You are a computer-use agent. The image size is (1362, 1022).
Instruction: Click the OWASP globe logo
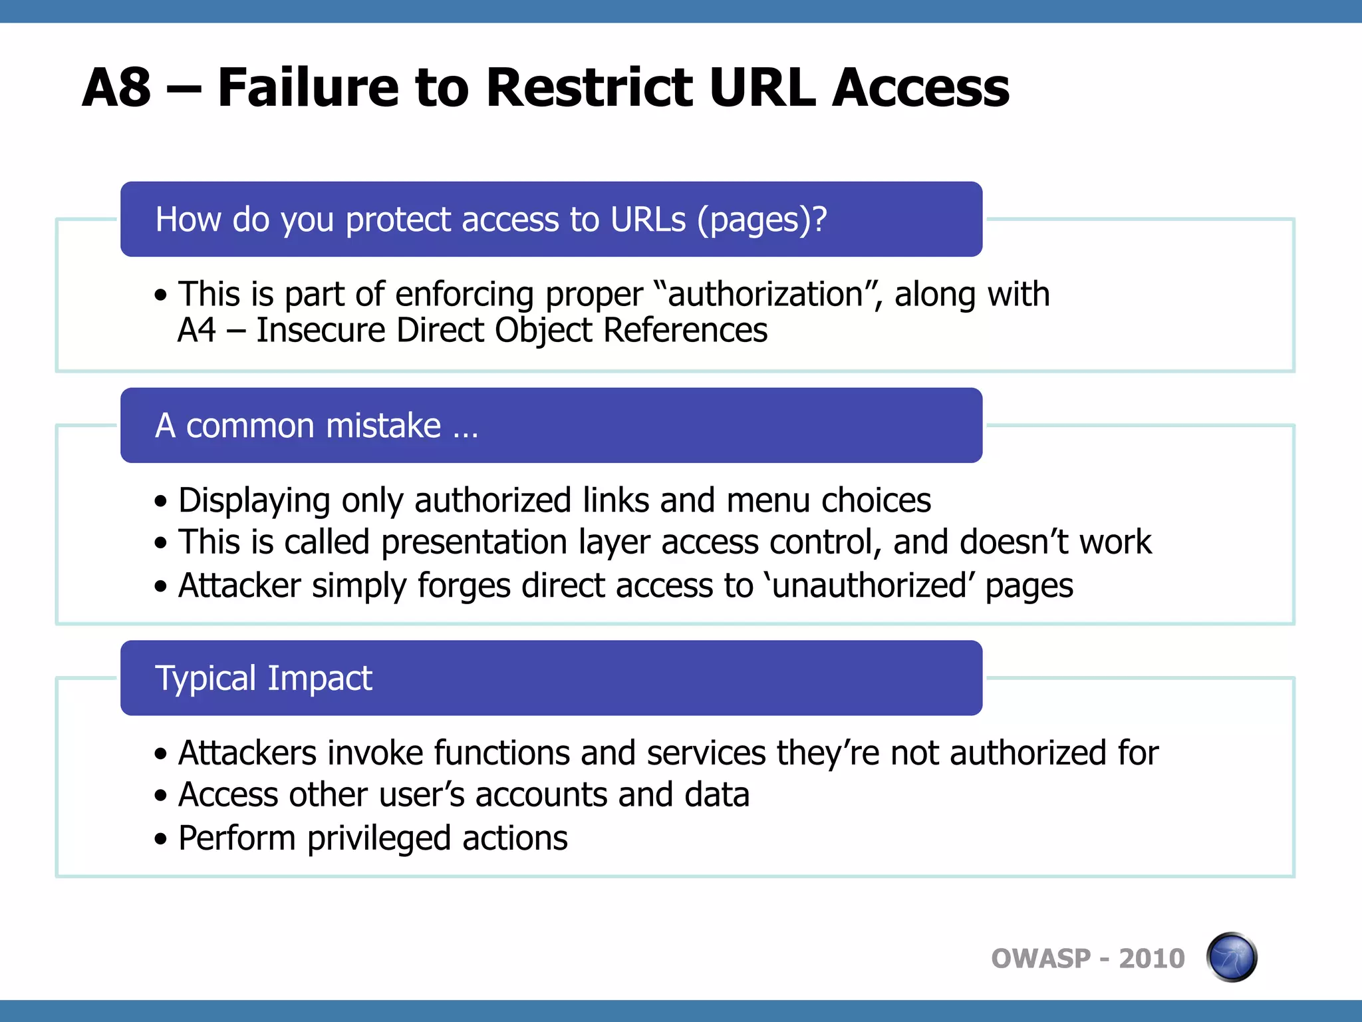tap(1231, 957)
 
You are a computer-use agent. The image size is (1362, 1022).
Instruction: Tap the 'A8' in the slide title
tap(116, 88)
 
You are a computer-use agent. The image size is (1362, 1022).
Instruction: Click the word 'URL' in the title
tap(761, 88)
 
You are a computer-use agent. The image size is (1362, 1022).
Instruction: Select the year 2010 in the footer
tap(1151, 959)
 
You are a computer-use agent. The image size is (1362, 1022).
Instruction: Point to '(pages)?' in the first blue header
tap(761, 220)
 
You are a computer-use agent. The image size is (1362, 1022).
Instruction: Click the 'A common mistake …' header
tap(317, 426)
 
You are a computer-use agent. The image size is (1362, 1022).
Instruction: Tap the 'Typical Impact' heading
tap(263, 678)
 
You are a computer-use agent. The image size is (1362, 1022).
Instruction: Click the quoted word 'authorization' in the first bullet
tap(765, 295)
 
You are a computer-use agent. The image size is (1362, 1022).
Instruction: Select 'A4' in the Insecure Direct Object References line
tap(197, 331)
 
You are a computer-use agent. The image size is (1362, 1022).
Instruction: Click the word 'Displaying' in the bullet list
tap(254, 500)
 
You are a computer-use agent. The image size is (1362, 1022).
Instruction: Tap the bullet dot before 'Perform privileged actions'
tap(160, 839)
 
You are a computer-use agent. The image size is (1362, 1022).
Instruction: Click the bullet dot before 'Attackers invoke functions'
tap(160, 755)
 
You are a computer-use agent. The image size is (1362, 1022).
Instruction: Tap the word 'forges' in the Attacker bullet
tap(464, 586)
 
